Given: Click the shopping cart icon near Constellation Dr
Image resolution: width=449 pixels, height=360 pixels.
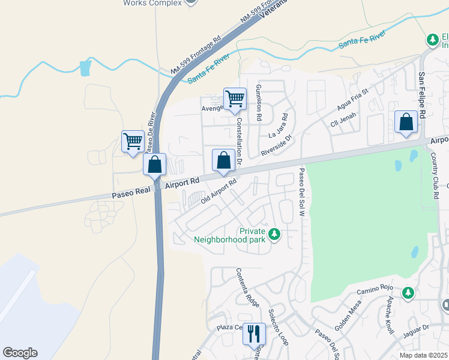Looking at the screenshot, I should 235,98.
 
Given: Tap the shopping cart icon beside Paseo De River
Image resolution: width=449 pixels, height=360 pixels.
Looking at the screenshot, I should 133,142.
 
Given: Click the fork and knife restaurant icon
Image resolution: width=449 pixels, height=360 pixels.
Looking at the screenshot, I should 254,333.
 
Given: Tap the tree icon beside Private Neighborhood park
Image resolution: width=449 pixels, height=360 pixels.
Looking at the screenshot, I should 274,233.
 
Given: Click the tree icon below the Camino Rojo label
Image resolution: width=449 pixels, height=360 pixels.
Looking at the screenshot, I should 408,292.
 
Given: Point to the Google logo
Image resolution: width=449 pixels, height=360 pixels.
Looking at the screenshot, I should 20,353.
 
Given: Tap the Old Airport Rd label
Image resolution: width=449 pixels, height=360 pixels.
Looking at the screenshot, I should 219,191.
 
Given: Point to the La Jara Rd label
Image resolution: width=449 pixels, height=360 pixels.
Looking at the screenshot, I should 279,127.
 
